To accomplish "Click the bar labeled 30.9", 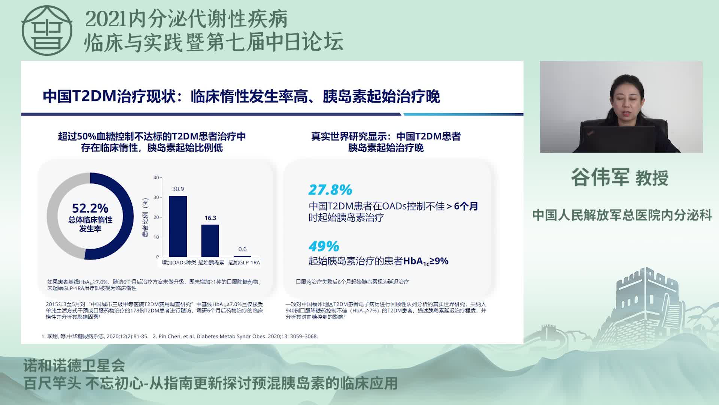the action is (178, 226).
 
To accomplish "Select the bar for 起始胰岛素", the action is (210, 241).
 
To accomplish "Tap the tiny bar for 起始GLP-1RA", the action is (242, 256).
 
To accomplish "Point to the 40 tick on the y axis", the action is (156, 178).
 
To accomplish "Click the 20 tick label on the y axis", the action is (156, 217).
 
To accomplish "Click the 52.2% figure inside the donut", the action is (90, 208).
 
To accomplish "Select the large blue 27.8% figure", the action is (330, 190).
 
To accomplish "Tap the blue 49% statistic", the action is (324, 246).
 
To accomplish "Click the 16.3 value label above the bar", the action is (210, 218).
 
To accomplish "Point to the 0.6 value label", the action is (242, 249).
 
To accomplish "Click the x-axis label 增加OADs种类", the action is (179, 262).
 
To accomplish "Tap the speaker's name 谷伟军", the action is (600, 177).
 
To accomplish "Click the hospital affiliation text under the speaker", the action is (622, 215).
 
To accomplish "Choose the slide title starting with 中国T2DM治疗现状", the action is (241, 96).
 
